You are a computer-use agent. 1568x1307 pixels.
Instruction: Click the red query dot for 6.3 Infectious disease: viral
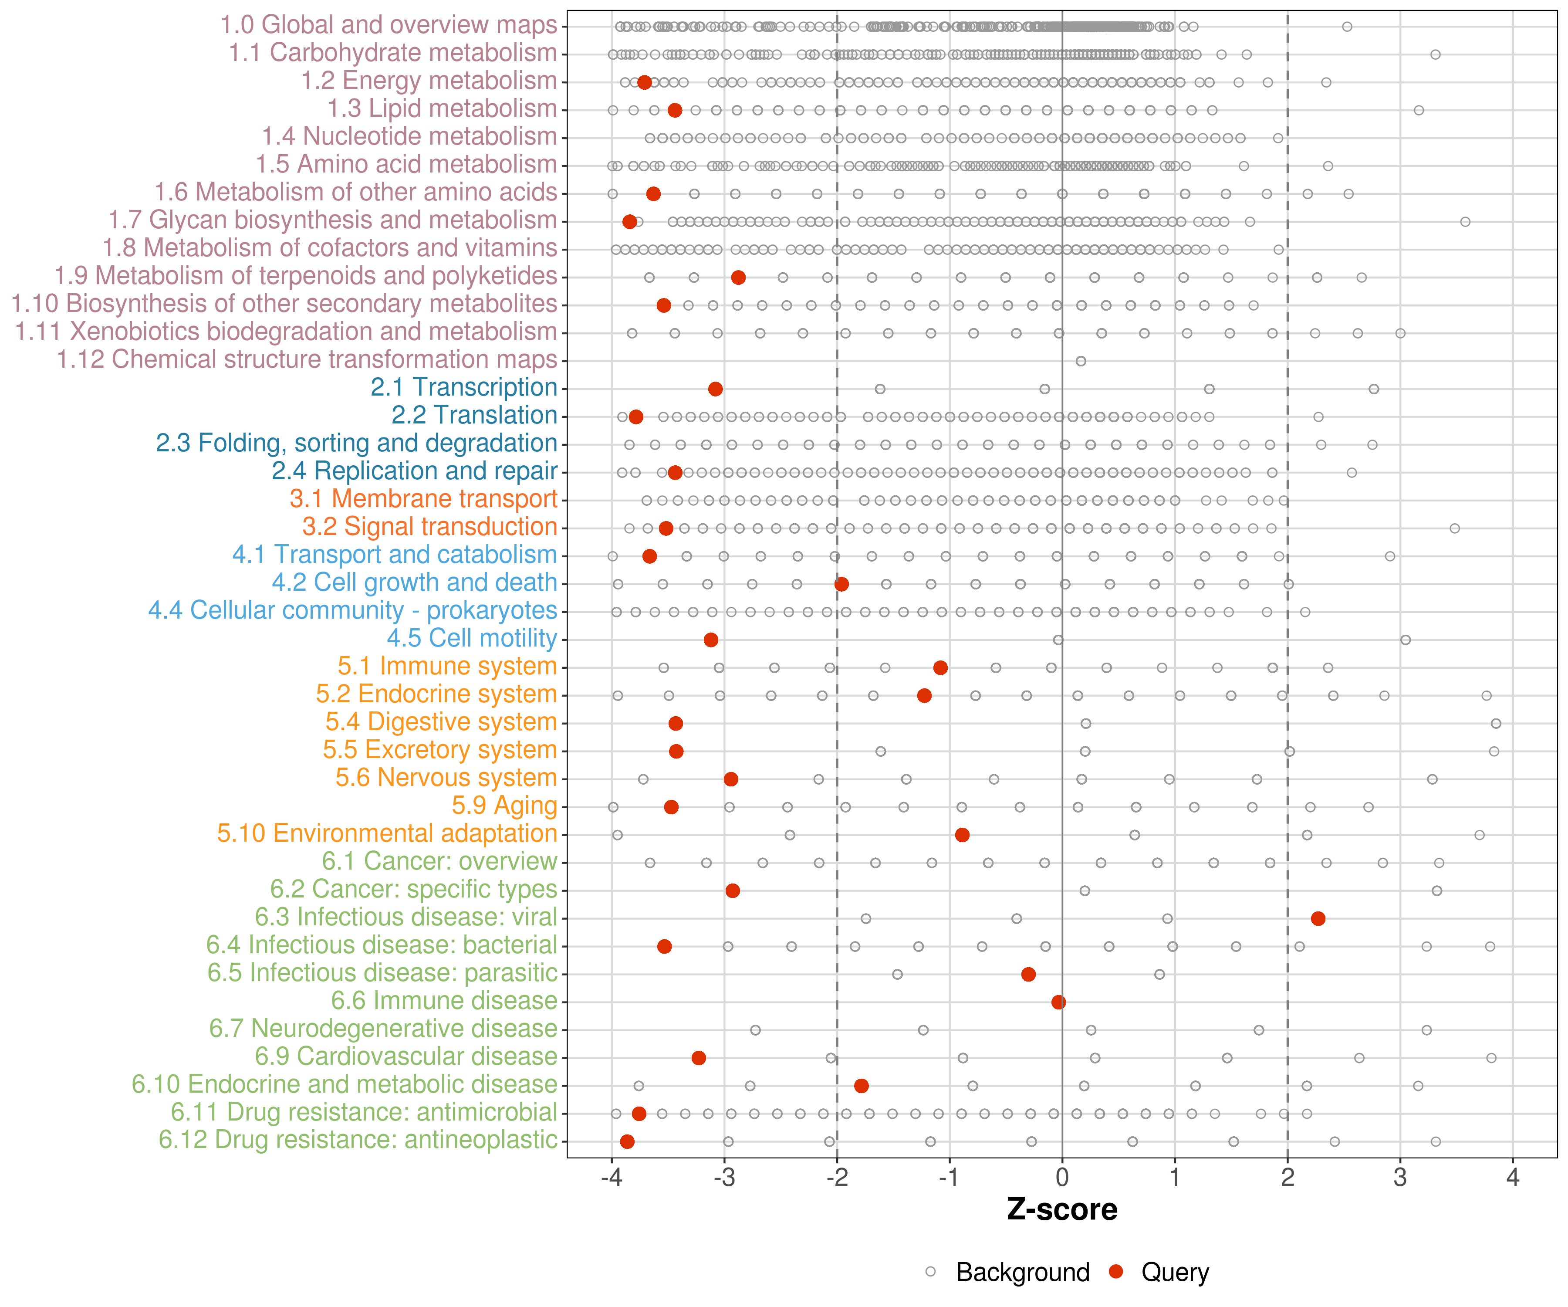[1318, 918]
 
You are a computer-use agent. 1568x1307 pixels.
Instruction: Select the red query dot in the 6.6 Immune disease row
[1058, 1002]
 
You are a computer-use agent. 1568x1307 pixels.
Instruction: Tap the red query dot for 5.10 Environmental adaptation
[962, 834]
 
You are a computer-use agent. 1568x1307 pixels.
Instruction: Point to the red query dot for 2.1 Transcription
[715, 388]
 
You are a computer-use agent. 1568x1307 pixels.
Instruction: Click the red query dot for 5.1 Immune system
[940, 667]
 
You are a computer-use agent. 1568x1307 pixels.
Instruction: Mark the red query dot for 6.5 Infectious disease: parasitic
[1028, 974]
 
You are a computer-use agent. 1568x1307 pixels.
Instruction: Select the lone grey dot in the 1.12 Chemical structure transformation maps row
[1081, 361]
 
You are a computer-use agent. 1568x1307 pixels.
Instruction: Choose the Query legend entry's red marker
[1116, 1271]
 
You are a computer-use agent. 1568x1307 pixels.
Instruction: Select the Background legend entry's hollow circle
[930, 1271]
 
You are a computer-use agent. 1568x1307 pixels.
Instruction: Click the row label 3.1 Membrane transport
[423, 499]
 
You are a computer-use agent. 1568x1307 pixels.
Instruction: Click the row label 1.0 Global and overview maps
[388, 25]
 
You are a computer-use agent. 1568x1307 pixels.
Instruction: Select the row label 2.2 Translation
[474, 415]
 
